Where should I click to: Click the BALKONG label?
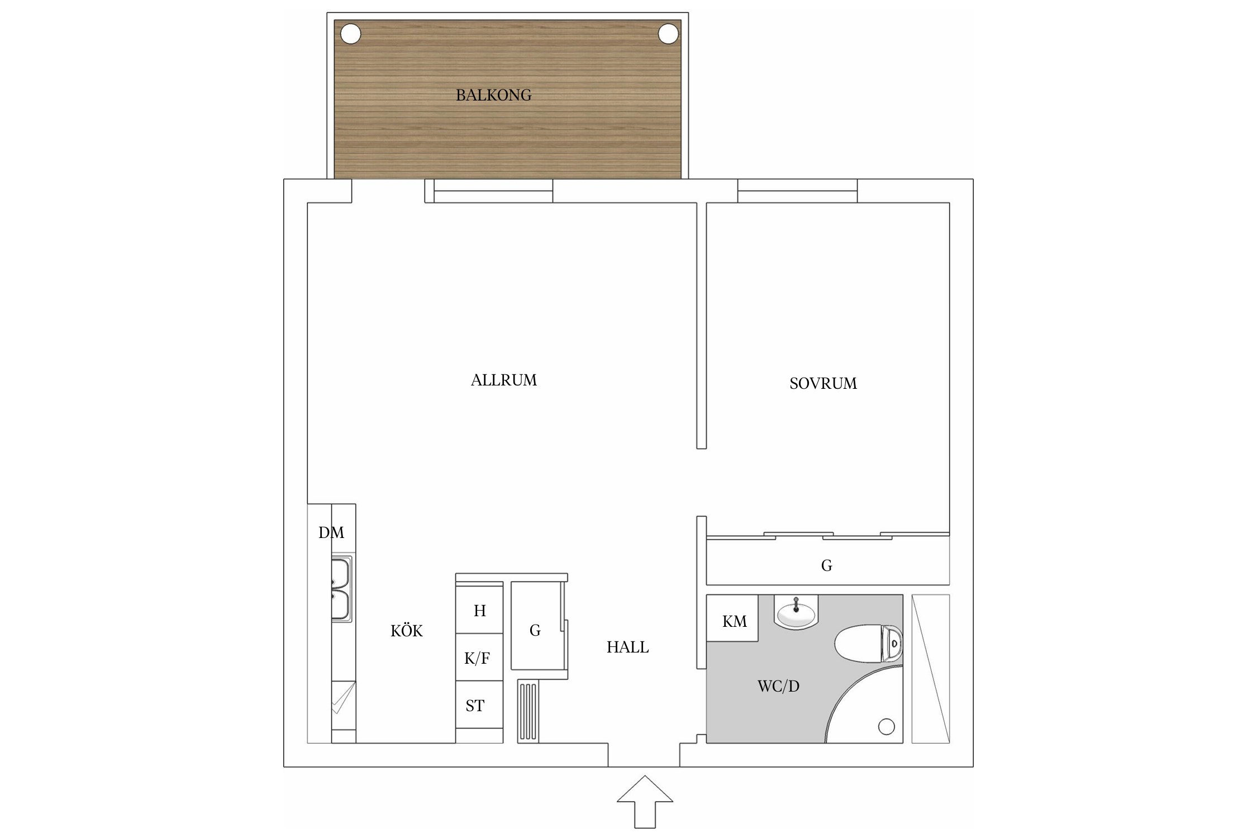click(493, 95)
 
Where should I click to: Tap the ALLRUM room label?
click(503, 380)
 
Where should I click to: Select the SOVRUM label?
click(823, 383)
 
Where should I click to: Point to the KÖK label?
click(406, 631)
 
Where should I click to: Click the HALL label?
click(627, 647)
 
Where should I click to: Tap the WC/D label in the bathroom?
click(778, 686)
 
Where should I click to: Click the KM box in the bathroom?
click(732, 618)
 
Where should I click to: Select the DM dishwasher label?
click(331, 532)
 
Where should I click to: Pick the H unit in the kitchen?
click(479, 610)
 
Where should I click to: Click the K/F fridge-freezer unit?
click(479, 657)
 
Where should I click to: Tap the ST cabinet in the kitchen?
click(479, 704)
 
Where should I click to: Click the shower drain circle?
click(887, 726)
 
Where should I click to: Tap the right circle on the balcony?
click(668, 34)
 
